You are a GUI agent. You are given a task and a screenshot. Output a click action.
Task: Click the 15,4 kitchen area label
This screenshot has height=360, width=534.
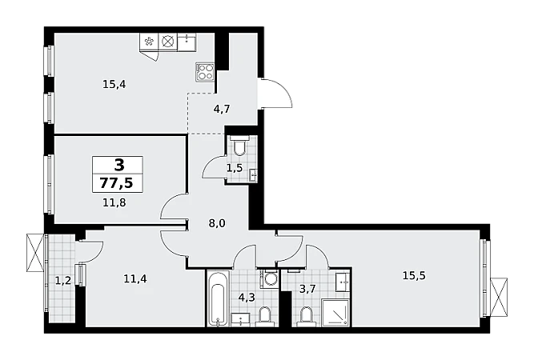point(114,84)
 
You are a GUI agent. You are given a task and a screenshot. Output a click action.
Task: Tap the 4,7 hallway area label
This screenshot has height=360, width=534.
point(222,110)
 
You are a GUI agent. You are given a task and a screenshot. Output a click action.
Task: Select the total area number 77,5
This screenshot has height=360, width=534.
point(117,183)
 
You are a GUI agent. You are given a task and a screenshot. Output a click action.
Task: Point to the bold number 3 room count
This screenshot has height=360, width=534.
point(119,166)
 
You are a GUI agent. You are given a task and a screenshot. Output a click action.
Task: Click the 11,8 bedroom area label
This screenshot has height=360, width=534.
point(114,202)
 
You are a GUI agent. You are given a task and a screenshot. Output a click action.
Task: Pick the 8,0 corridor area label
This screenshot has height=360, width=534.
point(217,223)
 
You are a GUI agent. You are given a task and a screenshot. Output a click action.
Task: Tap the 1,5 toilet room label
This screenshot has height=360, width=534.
point(235,168)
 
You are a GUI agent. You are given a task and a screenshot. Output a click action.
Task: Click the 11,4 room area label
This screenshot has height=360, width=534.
point(135,279)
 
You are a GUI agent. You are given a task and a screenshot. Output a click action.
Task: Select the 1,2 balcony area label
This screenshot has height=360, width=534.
point(63,281)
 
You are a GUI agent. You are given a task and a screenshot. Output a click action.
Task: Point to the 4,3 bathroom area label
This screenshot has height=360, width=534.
point(247,298)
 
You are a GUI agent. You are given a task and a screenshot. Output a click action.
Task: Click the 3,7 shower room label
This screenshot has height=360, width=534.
point(307,289)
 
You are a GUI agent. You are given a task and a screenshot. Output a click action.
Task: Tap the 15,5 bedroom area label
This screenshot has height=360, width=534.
point(414,276)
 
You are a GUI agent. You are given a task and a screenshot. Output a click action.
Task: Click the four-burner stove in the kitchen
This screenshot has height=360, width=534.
point(205,72)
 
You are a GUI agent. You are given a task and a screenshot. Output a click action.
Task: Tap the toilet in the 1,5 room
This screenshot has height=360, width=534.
point(239,146)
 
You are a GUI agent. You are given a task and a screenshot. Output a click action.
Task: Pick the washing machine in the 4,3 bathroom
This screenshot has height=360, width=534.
point(269,278)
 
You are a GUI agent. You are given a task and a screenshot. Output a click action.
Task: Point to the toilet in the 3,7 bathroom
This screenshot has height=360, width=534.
point(307,316)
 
